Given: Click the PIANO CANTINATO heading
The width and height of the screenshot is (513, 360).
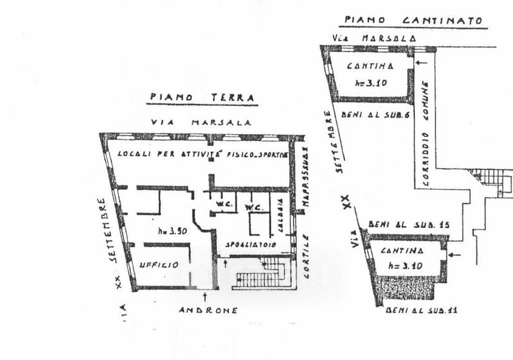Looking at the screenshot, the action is coord(413,21).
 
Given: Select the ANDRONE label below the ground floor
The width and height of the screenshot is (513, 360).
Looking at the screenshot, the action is coord(208,310).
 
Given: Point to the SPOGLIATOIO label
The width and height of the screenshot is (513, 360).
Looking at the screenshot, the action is coord(250,245).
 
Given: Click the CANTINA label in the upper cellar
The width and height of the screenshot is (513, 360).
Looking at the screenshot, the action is coord(370,67).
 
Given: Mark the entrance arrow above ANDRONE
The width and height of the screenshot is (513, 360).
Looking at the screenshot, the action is coord(204,296).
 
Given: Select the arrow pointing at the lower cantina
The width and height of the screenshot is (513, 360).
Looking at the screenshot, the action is coord(455,255).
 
